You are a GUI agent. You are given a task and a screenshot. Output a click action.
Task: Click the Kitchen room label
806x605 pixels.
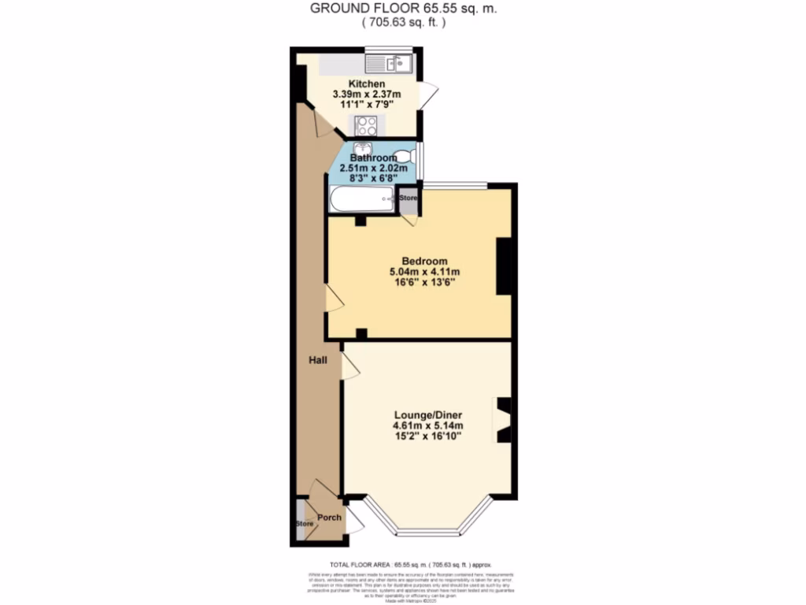[367, 84]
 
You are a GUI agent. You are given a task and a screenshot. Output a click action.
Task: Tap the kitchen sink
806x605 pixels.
[390, 61]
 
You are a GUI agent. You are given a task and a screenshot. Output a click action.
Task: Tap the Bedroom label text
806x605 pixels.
[424, 262]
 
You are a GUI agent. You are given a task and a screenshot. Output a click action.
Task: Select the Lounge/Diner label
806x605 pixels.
[428, 415]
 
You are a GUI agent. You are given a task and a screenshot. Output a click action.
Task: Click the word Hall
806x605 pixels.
[317, 359]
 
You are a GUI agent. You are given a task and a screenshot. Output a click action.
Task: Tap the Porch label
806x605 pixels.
[329, 518]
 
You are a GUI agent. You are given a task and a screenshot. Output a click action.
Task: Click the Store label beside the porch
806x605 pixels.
[305, 524]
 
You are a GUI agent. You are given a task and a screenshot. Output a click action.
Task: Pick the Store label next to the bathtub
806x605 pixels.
[408, 198]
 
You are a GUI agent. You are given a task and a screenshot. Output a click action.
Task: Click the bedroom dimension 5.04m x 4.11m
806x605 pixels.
[424, 273]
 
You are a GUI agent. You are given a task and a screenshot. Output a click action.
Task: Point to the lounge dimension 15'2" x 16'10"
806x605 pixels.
[428, 438]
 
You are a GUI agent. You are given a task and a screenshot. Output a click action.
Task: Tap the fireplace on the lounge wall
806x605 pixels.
[503, 420]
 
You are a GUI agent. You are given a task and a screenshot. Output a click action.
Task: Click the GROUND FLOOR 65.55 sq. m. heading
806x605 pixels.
[404, 9]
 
